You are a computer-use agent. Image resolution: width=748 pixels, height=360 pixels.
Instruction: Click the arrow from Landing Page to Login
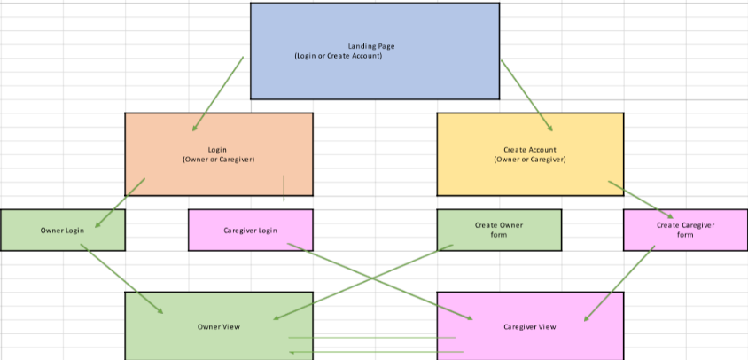(218, 94)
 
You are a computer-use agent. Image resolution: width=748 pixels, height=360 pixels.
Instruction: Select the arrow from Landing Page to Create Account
(526, 95)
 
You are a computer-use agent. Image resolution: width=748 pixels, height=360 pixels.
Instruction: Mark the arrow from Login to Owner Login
(121, 202)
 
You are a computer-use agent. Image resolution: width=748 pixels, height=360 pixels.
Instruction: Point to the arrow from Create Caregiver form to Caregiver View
(619, 283)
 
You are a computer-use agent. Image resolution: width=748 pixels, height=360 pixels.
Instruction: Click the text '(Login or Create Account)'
(338, 56)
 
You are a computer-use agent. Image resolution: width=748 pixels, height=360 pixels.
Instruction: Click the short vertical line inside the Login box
(284, 187)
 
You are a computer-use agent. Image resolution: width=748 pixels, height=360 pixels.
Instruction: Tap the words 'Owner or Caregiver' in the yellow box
(530, 160)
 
